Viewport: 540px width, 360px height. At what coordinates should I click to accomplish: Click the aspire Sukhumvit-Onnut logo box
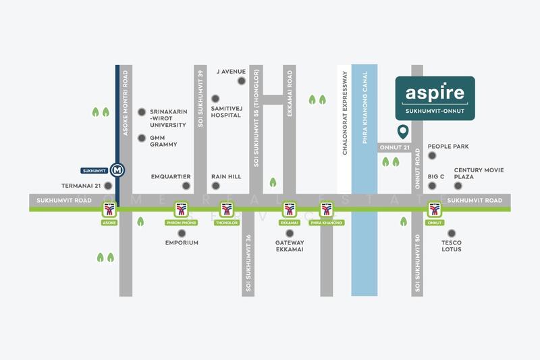[x=435, y=98]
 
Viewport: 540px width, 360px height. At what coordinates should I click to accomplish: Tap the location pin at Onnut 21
[x=403, y=131]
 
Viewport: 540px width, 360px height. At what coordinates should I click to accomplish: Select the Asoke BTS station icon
[x=109, y=209]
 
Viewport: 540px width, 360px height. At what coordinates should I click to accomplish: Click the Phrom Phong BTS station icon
[x=181, y=209]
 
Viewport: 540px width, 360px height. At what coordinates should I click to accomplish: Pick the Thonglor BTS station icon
[x=227, y=209]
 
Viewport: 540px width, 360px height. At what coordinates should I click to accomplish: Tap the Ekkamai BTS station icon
[x=289, y=209]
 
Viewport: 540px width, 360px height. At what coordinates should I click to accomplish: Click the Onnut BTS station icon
[x=433, y=209]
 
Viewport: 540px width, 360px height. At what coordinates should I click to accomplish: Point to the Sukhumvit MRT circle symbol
[x=118, y=170]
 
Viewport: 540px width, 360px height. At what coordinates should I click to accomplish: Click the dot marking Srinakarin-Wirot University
[x=142, y=112]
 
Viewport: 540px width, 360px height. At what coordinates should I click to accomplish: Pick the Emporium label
[x=182, y=242]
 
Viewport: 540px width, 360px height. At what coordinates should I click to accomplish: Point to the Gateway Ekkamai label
[x=290, y=246]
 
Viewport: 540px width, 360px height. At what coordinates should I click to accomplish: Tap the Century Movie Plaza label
[x=479, y=174]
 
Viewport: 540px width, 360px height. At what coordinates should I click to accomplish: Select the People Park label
[x=449, y=147]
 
